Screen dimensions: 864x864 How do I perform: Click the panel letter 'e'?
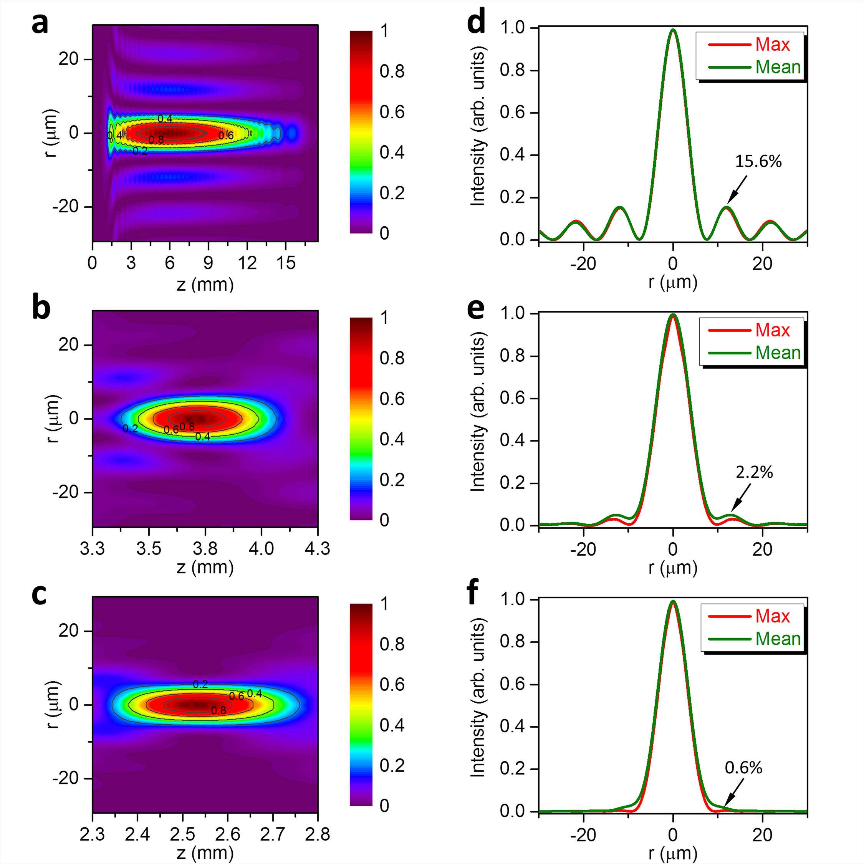pos(475,310)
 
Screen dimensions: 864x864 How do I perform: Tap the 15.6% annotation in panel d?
pos(758,161)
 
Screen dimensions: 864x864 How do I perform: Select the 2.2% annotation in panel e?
pos(755,472)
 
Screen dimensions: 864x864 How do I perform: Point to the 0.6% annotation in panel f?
pos(743,768)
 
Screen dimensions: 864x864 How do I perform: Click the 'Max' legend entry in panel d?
pos(772,45)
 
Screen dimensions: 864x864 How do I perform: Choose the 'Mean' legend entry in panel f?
pos(778,639)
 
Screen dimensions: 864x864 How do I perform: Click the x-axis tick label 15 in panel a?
pos(286,263)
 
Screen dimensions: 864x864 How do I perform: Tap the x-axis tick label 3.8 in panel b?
pos(205,549)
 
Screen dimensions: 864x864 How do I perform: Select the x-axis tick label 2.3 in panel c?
pos(93,834)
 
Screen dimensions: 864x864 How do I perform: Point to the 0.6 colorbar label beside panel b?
pos(392,399)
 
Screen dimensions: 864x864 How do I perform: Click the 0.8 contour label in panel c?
pos(218,710)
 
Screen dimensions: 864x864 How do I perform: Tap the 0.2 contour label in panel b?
pos(130,429)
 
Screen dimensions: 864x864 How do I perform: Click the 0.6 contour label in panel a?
pos(226,136)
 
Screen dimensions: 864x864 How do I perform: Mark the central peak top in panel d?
pos(673,30)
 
